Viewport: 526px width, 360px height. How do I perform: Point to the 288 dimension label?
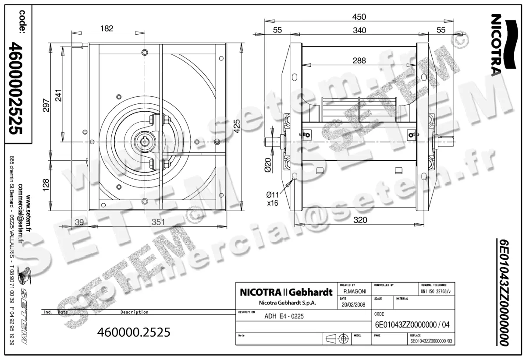coord(359,61)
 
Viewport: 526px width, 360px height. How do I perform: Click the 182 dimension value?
coord(107,28)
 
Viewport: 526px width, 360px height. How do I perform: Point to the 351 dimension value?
coord(158,222)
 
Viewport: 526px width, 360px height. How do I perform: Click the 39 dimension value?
coord(79,222)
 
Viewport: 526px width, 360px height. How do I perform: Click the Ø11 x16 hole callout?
coord(273,198)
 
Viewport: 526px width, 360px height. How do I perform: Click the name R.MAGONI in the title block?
coord(355,291)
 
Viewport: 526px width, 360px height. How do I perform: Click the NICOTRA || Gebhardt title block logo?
coord(286,292)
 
